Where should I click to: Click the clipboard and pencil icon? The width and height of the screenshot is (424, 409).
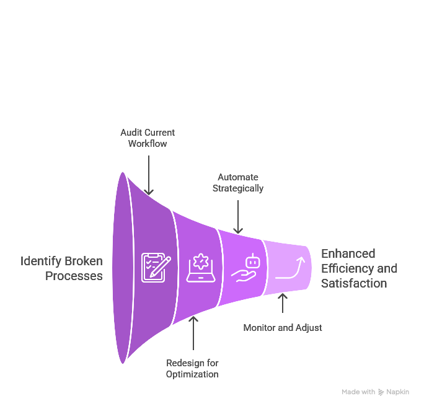[156, 267]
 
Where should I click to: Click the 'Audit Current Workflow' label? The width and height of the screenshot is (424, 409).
[148, 138]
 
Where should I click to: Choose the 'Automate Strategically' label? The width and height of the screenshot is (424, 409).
[238, 182]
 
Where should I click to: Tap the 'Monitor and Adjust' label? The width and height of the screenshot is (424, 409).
[282, 327]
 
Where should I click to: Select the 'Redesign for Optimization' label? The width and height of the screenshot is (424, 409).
[192, 368]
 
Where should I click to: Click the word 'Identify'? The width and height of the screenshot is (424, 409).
[42, 261]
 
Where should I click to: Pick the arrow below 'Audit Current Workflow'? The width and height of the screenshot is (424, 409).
[149, 173]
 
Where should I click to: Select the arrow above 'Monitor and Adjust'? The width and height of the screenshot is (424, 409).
[282, 304]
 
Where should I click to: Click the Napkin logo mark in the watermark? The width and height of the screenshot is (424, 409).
[381, 392]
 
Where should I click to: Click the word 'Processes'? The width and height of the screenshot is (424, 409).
[74, 276]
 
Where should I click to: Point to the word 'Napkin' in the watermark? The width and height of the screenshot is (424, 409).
[397, 392]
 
